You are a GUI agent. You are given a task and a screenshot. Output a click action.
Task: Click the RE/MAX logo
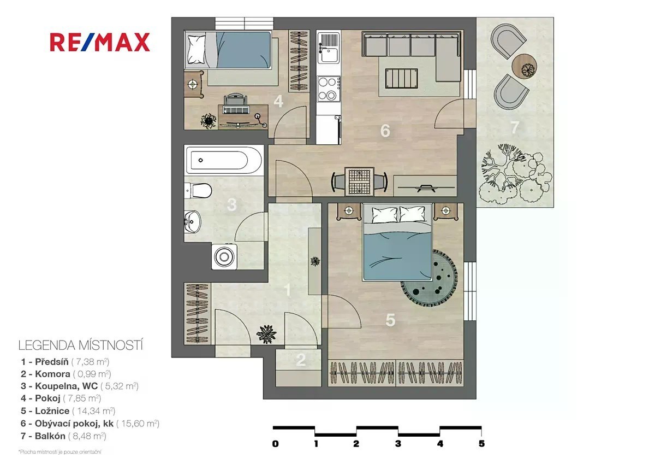[x=100, y=42]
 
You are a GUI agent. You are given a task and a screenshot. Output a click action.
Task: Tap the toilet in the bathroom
[x=198, y=190]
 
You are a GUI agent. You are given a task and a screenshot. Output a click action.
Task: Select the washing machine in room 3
[x=224, y=256]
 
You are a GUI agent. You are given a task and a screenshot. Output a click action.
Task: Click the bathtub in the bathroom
[x=224, y=160]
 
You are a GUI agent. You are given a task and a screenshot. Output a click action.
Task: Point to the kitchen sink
[x=329, y=48]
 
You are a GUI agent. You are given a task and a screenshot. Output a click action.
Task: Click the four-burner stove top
[x=329, y=89]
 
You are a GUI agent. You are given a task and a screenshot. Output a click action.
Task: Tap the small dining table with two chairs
[x=359, y=181]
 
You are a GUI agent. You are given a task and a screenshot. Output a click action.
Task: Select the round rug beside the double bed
[x=429, y=278]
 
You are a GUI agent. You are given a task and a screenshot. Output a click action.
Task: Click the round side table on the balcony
[x=525, y=66]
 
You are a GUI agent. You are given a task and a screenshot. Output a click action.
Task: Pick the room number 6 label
[x=385, y=131]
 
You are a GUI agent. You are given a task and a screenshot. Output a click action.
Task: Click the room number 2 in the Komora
[x=301, y=360]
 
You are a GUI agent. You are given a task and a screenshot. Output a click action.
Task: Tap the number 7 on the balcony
[x=515, y=127]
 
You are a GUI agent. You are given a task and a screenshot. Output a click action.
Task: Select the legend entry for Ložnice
[x=68, y=411]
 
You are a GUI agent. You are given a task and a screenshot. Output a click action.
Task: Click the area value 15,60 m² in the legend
[x=138, y=424]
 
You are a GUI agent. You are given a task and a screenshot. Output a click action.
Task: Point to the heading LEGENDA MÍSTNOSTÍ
[x=81, y=345]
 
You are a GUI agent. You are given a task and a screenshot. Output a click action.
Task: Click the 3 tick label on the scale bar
[x=398, y=444]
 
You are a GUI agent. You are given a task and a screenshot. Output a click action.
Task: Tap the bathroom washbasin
[x=192, y=221]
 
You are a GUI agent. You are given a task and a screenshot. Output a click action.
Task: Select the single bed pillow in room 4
[x=196, y=49]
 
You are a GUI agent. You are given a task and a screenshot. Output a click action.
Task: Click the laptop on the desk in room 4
[x=236, y=110]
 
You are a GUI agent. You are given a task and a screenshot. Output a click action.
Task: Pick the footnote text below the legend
[x=60, y=452]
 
